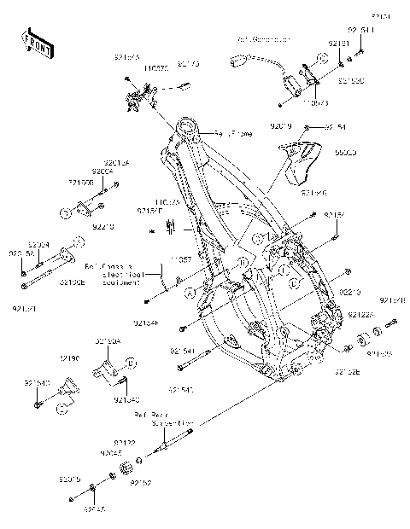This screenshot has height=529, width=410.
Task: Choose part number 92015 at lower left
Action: point(70,480)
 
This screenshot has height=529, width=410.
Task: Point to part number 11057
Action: point(179,259)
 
